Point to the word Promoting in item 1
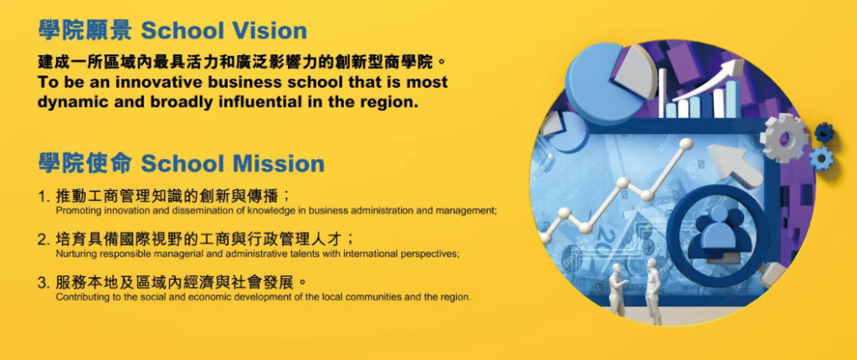pos(71,210)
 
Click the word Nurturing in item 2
pos(70,254)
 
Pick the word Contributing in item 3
pos(74,298)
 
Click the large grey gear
pos(783,136)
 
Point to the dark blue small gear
pos(824,131)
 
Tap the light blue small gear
pos(820,158)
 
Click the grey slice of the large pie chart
pos(634,71)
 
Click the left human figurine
pos(618,289)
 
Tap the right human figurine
pos(653,291)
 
